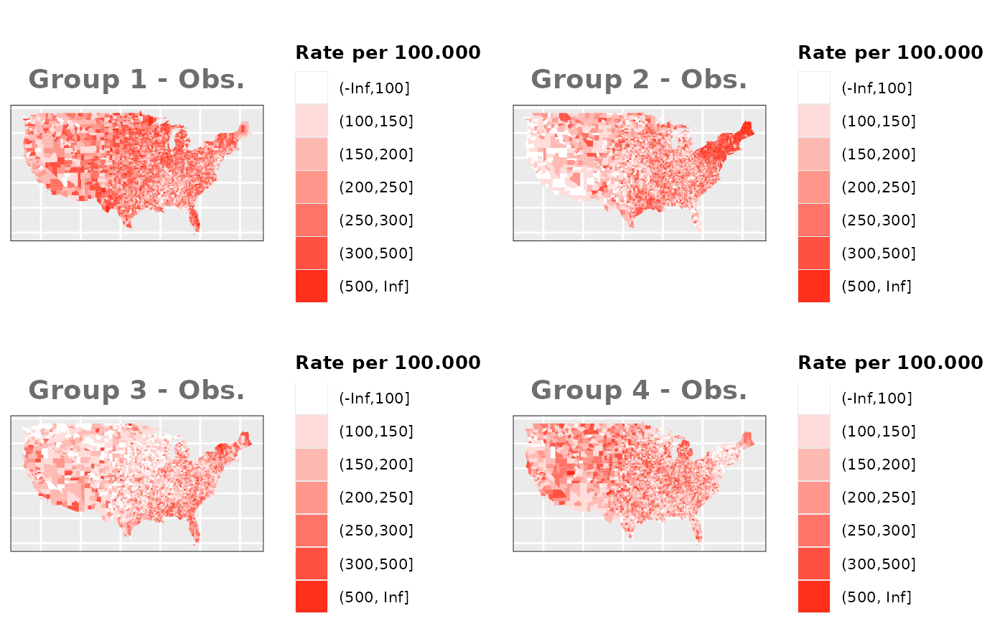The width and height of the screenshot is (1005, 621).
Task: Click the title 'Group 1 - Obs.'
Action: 136,80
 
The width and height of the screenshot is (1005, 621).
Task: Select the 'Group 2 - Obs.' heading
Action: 639,80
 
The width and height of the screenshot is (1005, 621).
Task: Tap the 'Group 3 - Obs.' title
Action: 136,391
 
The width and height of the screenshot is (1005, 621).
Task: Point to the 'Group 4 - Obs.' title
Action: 639,391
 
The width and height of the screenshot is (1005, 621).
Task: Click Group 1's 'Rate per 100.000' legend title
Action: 388,52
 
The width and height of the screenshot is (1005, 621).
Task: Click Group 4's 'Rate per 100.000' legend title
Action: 890,363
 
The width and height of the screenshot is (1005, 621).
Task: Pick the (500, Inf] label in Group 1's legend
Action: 373,286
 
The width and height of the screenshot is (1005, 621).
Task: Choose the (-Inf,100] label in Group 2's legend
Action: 877,88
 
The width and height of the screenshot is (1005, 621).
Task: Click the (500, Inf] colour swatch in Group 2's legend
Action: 814,286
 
